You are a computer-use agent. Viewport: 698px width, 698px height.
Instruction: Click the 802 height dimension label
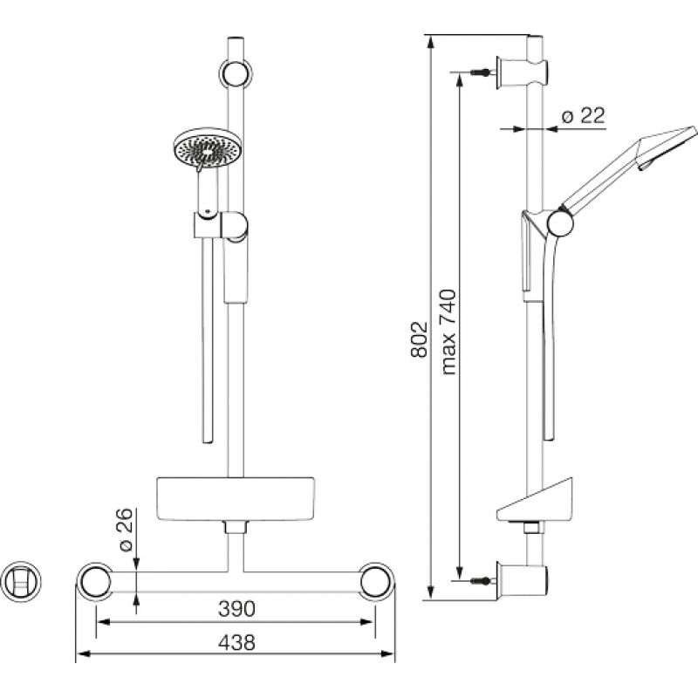point(420,339)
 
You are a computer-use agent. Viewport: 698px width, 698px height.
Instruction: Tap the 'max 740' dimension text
point(448,332)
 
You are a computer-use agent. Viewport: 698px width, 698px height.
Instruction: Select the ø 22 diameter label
point(583,116)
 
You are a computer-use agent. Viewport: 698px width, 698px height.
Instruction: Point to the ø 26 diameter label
point(127,530)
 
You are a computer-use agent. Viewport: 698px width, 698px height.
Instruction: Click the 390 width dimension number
point(236,608)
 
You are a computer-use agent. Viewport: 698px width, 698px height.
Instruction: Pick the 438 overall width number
point(236,642)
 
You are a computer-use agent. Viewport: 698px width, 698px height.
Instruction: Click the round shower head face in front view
point(207,147)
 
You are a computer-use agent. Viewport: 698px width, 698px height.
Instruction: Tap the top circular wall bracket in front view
point(236,72)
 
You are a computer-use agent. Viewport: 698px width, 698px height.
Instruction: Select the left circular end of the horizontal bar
point(94,582)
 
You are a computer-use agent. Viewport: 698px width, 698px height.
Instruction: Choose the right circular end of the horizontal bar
point(377,582)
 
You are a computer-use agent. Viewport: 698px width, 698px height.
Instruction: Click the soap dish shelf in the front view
point(236,499)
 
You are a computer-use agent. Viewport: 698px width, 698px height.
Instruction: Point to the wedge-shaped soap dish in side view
point(535,500)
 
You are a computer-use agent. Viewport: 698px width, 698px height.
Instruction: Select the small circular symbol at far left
point(21,581)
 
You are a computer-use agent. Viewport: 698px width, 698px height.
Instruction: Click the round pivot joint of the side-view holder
point(559,223)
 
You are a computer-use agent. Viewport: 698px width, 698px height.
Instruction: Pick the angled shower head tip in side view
point(667,147)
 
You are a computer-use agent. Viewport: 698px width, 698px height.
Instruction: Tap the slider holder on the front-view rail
point(221,227)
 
